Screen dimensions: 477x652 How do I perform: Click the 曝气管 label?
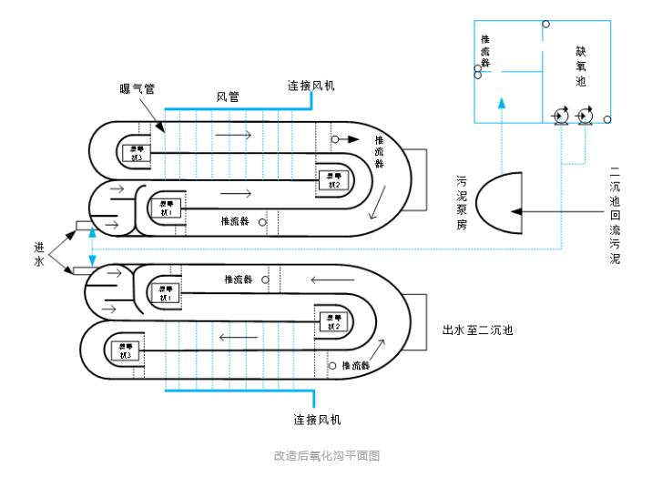pyautogui.click(x=137, y=88)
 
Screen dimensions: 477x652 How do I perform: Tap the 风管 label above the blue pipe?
pyautogui.click(x=228, y=96)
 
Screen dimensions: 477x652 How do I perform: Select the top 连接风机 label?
pyautogui.click(x=311, y=86)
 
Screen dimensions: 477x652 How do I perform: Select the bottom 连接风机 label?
pyautogui.click(x=318, y=420)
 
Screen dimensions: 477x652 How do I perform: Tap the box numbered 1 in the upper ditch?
pyautogui.click(x=169, y=206)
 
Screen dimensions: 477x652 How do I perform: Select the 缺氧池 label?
pyautogui.click(x=580, y=66)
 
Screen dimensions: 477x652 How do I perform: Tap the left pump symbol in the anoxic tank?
pyautogui.click(x=559, y=117)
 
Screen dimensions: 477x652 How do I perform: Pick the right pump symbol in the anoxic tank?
pyautogui.click(x=585, y=117)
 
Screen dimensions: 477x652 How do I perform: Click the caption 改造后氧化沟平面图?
pyautogui.click(x=326, y=454)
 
